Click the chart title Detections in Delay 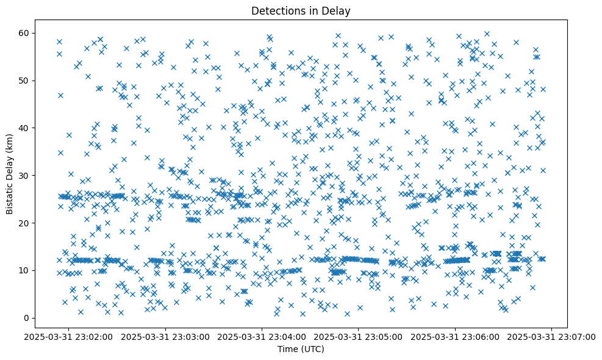coord(301,10)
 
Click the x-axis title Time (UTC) coord(301,349)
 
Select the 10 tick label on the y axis coord(25,270)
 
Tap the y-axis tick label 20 coord(25,223)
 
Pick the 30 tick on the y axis coord(25,175)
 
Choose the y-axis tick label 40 coord(25,128)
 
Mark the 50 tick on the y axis coord(25,80)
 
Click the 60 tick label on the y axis coord(25,32)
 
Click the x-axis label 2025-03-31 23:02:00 coord(69,336)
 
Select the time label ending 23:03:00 coord(166,336)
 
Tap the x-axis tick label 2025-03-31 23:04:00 coord(262,336)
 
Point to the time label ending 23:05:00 coord(359,336)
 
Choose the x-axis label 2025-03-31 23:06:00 coord(456,336)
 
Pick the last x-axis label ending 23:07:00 coord(552,336)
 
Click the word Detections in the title coord(274,10)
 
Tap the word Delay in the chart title coord(339,10)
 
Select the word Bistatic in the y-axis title coord(10,195)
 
